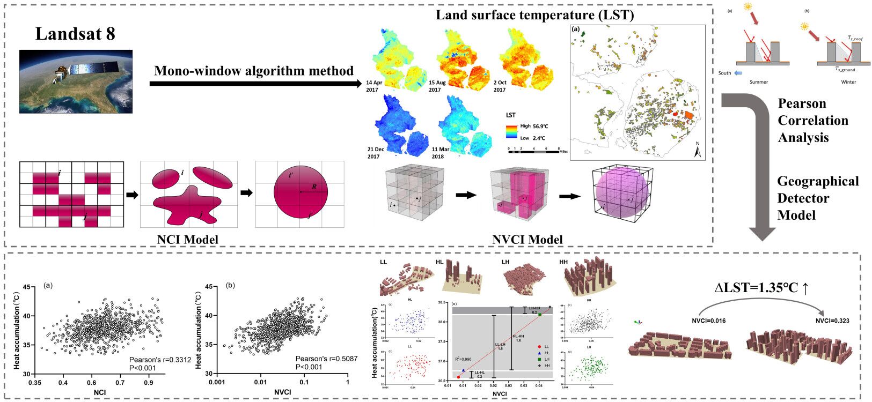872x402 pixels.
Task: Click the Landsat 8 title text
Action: click(x=75, y=34)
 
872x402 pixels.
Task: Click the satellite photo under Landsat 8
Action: click(x=76, y=81)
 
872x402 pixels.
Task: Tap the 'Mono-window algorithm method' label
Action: click(x=254, y=71)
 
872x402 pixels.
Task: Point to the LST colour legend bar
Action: click(x=511, y=131)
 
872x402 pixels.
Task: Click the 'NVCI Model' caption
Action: click(x=527, y=239)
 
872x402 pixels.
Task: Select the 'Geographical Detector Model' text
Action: click(x=818, y=198)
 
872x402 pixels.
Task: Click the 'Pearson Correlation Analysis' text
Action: click(x=812, y=121)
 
